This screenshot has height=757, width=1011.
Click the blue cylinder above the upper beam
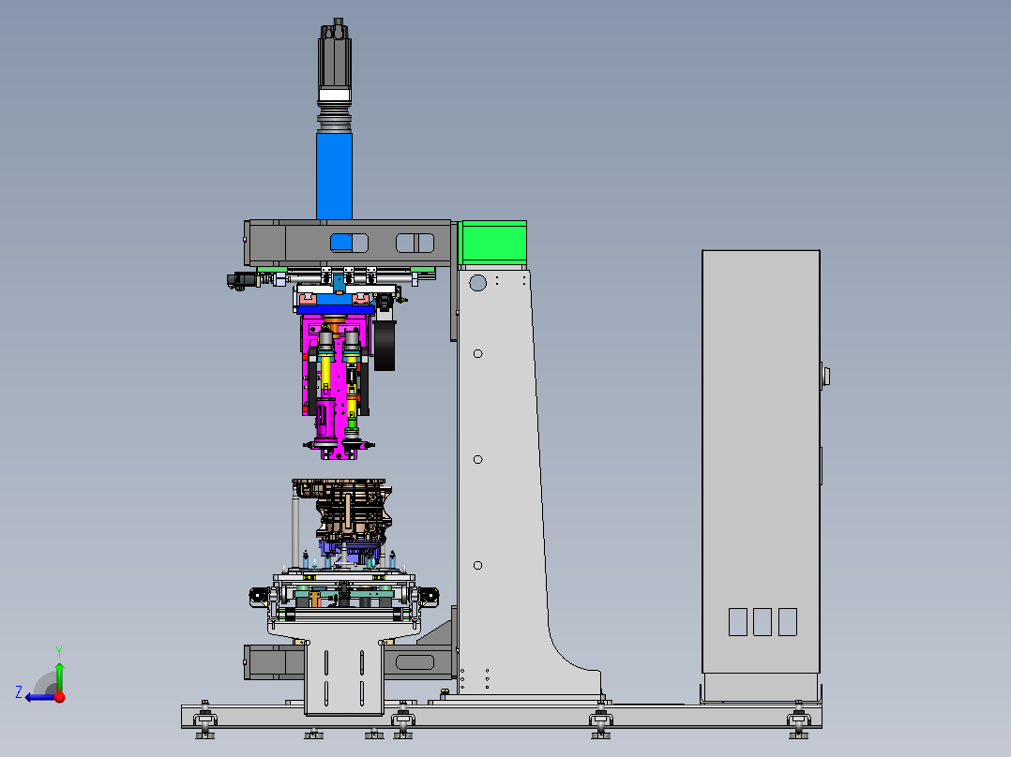tap(334, 175)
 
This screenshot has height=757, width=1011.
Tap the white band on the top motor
tap(335, 96)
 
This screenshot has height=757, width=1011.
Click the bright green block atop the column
tap(493, 243)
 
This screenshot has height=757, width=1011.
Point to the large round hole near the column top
tap(477, 283)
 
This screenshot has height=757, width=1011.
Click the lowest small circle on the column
tap(477, 566)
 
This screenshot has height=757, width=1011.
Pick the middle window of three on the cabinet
tap(762, 622)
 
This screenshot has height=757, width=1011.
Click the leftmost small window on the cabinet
tap(737, 622)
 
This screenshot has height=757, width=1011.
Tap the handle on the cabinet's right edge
tap(825, 377)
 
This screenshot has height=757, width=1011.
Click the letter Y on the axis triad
tap(59, 652)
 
